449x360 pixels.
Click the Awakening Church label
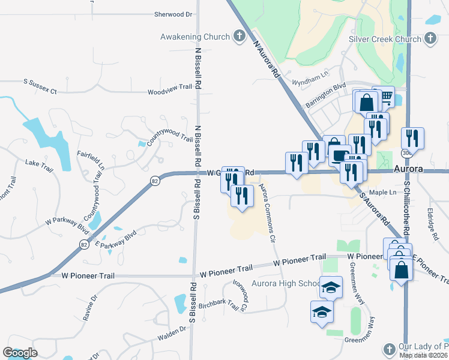point(194,37)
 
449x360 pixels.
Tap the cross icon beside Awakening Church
point(239,37)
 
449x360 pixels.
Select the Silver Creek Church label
point(385,39)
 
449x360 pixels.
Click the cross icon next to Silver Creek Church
point(429,39)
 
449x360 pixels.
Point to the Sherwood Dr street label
point(173,14)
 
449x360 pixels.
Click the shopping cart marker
point(386,96)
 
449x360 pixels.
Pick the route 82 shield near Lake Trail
point(155,181)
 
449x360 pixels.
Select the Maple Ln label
point(383,192)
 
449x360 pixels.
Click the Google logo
point(20,353)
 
